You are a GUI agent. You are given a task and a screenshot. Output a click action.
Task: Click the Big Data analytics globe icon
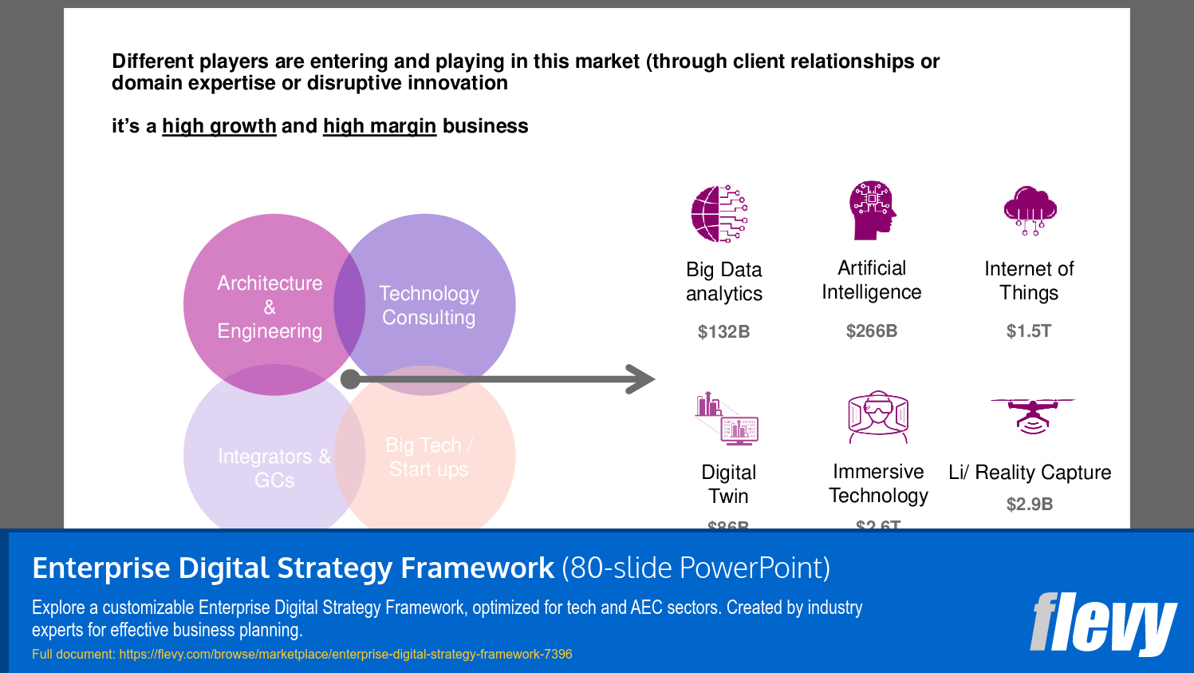(719, 214)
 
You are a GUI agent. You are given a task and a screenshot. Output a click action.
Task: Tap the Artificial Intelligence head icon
(873, 210)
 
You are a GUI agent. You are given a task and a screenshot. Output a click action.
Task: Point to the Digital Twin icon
(727, 418)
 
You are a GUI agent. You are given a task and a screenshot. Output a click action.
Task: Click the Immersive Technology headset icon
(878, 416)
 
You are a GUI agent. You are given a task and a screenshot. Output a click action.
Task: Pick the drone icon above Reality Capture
(1033, 414)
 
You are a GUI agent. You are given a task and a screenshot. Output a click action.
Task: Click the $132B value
(723, 332)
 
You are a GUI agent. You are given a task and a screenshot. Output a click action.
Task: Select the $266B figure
(872, 331)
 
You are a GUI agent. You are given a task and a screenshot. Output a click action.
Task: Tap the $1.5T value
(1029, 331)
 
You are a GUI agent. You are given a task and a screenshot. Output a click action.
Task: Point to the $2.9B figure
(1030, 505)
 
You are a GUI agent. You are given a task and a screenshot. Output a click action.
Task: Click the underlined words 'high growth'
(219, 126)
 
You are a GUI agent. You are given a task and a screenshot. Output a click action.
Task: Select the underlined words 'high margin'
(380, 126)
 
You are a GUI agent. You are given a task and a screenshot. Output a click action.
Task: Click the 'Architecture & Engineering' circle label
(270, 307)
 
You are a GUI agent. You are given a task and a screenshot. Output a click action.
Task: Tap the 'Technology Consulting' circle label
(429, 306)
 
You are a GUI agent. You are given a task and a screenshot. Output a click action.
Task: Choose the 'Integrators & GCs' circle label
(274, 468)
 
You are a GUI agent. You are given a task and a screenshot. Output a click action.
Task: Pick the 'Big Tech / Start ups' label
(429, 457)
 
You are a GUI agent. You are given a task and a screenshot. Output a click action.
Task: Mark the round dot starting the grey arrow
(350, 379)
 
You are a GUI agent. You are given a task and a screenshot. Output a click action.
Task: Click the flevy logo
(1102, 624)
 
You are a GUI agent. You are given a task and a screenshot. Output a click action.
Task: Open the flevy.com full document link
(345, 655)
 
